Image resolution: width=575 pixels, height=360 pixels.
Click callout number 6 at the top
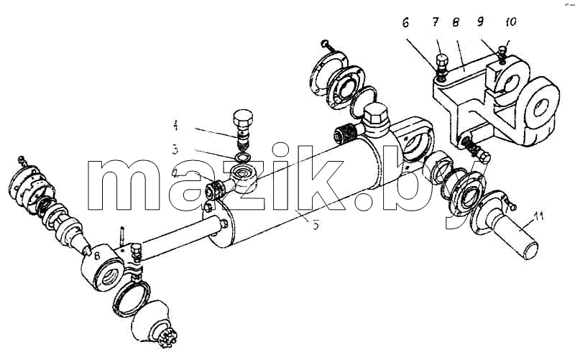[405, 23]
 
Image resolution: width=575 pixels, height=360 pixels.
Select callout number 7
[436, 22]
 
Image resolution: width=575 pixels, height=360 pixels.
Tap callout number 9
[480, 22]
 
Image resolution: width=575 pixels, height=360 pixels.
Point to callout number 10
[510, 22]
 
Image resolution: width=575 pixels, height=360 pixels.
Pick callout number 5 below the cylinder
[316, 224]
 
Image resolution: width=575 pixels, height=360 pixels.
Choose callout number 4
[175, 126]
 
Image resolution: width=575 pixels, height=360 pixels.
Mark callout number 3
[175, 149]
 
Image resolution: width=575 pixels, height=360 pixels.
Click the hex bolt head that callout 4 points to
[243, 117]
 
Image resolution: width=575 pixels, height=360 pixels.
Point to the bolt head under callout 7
[441, 60]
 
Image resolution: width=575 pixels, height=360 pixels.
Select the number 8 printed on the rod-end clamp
[97, 257]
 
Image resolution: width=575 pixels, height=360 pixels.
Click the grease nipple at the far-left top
[21, 160]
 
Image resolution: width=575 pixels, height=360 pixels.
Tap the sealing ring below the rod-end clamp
[131, 297]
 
